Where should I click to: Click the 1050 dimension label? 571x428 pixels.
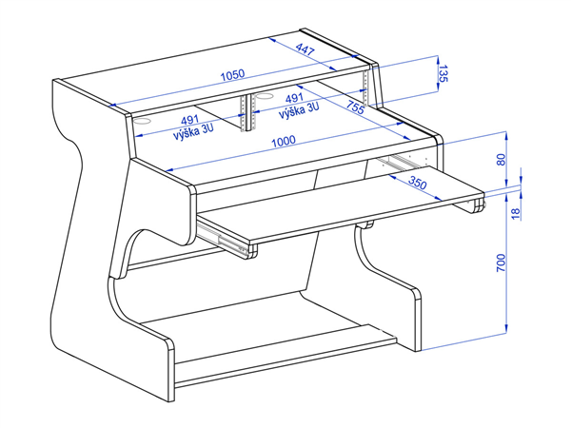tap(233, 74)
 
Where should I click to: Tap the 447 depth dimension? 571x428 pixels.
tap(305, 49)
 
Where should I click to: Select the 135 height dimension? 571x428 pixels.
tap(443, 73)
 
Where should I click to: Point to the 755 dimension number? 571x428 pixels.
tap(355, 108)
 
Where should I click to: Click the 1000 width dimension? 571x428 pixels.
tap(284, 141)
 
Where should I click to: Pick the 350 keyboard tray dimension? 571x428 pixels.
tap(417, 183)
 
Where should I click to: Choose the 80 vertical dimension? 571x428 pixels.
tap(502, 160)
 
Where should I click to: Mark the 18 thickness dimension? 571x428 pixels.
tap(516, 213)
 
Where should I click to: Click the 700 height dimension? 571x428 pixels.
tap(502, 263)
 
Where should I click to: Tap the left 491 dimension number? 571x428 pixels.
tap(189, 120)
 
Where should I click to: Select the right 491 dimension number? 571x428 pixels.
tap(294, 98)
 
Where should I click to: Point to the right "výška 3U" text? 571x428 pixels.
tap(299, 110)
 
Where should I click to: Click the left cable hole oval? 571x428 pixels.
tap(143, 121)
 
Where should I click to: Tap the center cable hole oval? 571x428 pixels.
tap(265, 96)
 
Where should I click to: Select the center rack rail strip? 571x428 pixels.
tap(246, 113)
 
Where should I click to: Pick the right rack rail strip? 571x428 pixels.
tap(365, 88)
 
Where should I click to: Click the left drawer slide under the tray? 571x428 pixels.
tap(223, 239)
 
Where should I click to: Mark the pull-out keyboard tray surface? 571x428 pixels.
tap(343, 204)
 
